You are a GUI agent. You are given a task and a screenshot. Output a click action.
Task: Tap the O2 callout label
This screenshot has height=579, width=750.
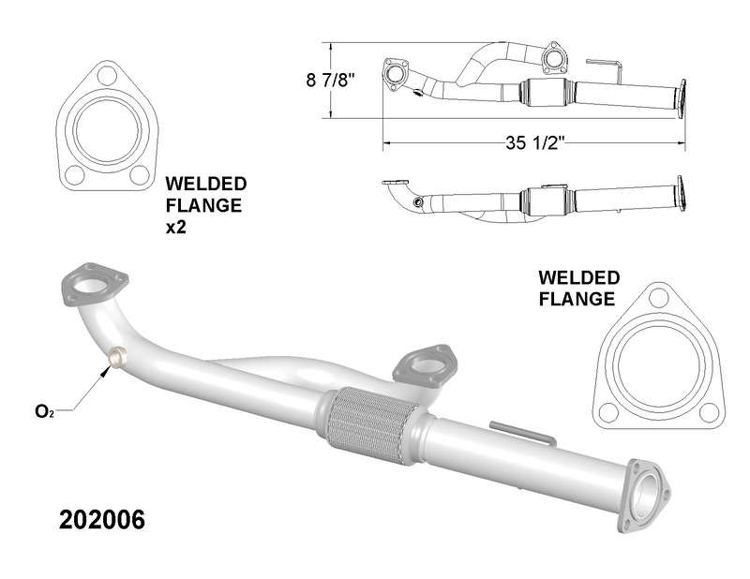click(44, 410)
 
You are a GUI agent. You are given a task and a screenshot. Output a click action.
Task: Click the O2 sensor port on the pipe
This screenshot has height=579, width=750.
click(118, 357)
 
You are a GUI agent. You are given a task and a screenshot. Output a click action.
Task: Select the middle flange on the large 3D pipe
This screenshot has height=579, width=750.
click(423, 364)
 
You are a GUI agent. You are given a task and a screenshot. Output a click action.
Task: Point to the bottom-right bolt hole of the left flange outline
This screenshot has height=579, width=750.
click(139, 173)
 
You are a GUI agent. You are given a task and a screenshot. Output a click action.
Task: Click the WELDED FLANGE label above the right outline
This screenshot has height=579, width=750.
click(577, 289)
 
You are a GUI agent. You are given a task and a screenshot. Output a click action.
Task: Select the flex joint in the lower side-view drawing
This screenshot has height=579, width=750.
click(545, 199)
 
